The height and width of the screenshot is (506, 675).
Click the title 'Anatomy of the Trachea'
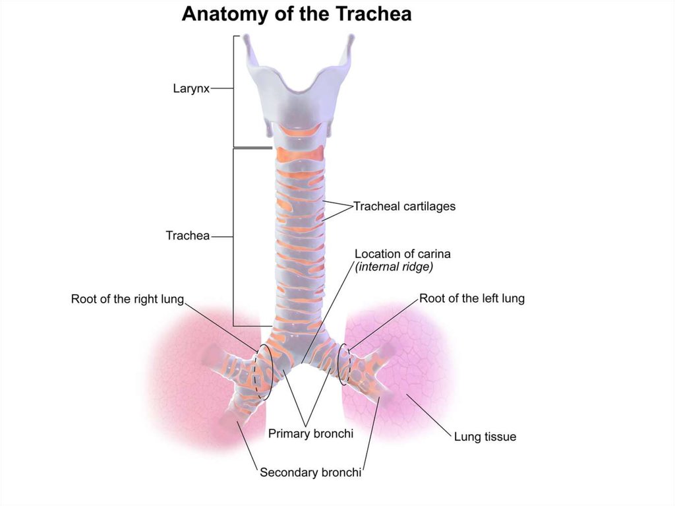click(x=297, y=14)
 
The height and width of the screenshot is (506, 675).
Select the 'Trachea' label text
click(x=187, y=236)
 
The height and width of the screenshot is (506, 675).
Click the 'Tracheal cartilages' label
click(x=404, y=206)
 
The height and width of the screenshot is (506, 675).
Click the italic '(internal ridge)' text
click(x=394, y=267)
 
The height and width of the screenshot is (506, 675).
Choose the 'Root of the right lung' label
click(x=127, y=300)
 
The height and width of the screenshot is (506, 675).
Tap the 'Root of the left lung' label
click(x=472, y=298)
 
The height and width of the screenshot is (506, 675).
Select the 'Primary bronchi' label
click(x=310, y=434)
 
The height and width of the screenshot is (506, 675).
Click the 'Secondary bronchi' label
click(x=310, y=472)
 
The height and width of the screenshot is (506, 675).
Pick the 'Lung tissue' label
click(x=485, y=437)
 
